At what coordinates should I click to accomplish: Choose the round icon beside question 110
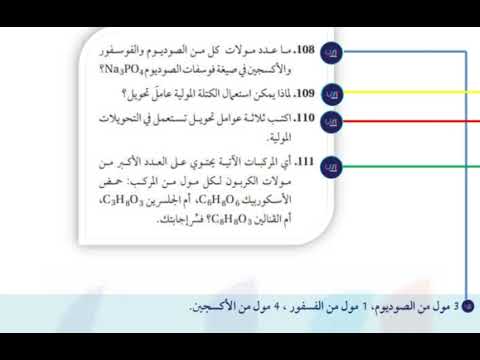[334, 121]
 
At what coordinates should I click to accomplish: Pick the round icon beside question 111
[334, 164]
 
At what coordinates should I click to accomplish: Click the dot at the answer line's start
[470, 306]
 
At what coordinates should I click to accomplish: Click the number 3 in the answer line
[457, 307]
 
